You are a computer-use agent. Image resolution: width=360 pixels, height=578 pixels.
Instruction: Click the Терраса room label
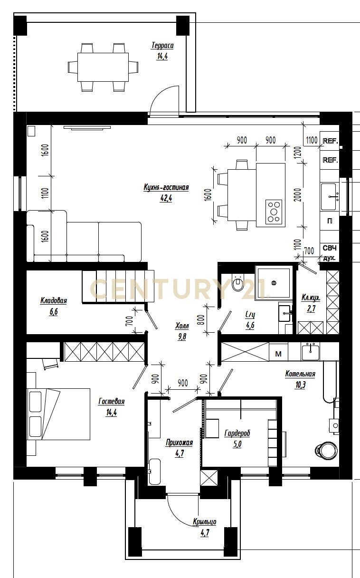click(x=162, y=46)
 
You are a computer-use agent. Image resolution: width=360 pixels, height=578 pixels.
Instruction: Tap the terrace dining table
click(x=103, y=67)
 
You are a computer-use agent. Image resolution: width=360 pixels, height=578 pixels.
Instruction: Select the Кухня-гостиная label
click(x=166, y=187)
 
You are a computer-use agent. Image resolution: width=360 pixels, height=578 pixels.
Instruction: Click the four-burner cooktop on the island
click(x=274, y=212)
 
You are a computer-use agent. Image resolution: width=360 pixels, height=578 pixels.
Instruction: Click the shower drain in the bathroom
click(x=274, y=283)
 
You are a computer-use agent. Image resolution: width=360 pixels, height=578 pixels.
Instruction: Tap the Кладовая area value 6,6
click(x=53, y=312)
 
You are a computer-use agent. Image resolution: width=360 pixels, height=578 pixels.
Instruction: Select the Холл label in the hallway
click(x=182, y=326)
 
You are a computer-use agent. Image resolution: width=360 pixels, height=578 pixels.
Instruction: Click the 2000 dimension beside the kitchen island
click(x=298, y=195)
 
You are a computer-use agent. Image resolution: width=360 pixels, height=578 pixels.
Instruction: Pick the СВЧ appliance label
click(x=329, y=248)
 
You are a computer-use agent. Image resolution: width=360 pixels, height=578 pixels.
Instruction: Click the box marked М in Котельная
click(x=278, y=354)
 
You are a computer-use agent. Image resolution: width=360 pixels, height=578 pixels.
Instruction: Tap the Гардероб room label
click(x=237, y=433)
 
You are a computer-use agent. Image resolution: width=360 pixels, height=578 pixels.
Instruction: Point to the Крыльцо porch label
click(x=205, y=522)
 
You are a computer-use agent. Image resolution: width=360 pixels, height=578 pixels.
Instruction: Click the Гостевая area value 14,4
click(x=112, y=413)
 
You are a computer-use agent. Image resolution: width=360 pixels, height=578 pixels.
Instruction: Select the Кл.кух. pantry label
click(x=311, y=298)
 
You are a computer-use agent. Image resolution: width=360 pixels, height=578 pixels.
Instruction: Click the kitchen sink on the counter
click(x=329, y=197)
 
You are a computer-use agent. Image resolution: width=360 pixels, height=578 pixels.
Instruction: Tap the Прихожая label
click(x=179, y=443)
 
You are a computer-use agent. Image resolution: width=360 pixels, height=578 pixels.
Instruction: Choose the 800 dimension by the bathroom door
click(x=202, y=320)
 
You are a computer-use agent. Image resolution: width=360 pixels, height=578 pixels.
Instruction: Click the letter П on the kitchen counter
click(x=329, y=221)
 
